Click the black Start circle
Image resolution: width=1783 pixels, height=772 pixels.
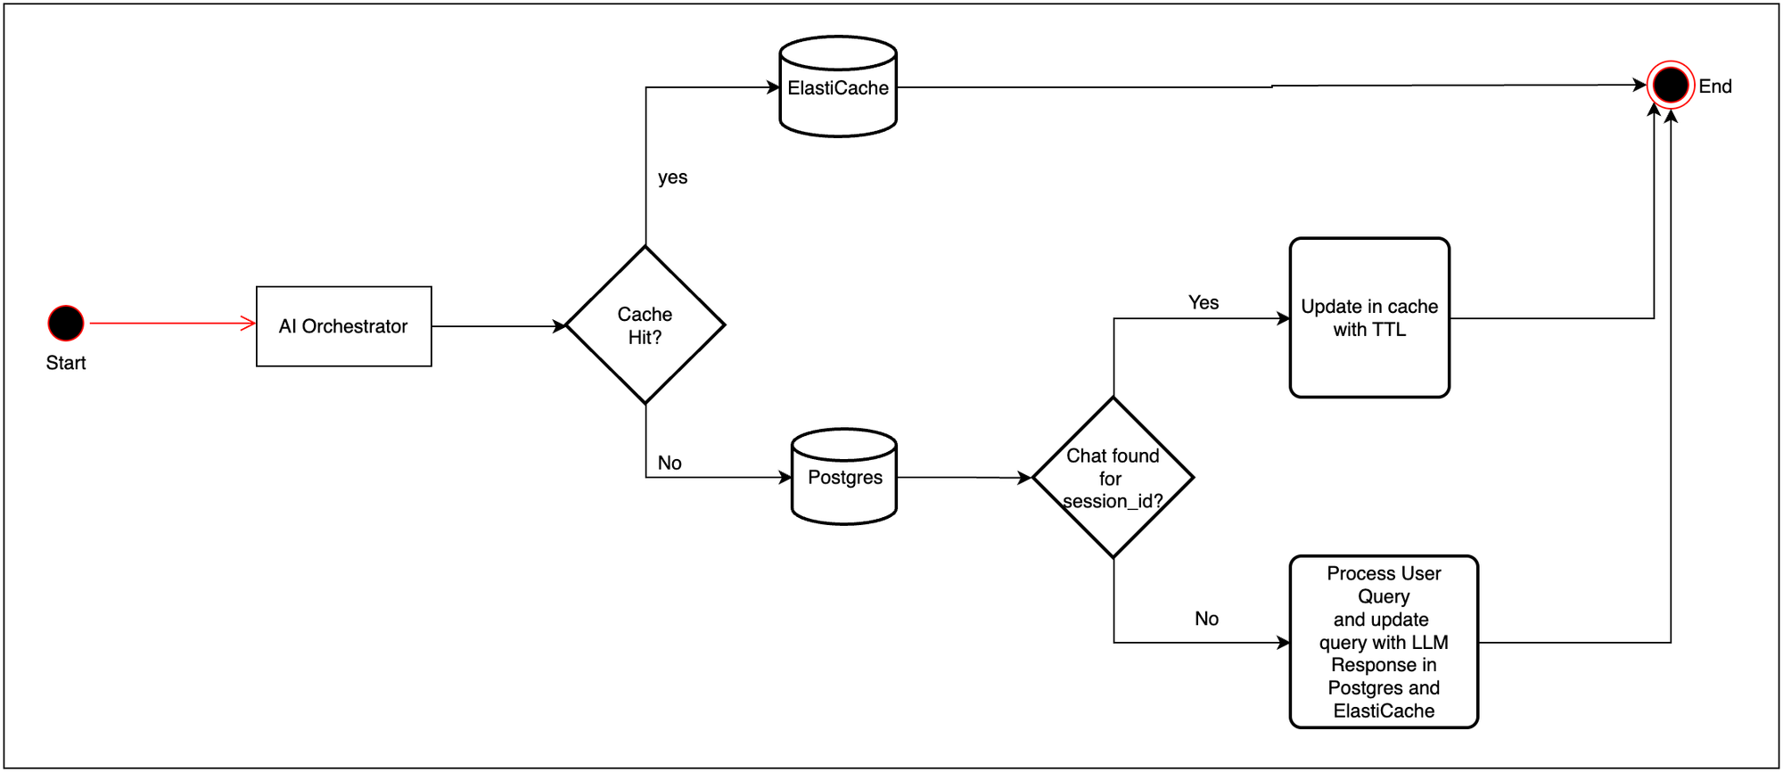pos(66,323)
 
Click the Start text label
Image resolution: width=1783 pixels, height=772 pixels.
pos(66,363)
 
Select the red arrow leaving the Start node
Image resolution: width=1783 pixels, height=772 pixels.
pos(169,323)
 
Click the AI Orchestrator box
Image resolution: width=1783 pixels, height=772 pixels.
pos(344,326)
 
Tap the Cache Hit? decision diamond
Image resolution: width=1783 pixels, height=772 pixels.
pos(645,325)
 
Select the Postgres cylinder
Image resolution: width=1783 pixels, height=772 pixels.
pos(844,478)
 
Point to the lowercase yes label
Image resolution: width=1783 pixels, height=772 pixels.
pos(672,177)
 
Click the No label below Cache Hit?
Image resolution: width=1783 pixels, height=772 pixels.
pos(670,463)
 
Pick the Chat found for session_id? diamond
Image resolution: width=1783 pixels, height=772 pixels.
pos(1113,478)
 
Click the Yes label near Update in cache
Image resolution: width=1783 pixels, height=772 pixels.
pos(1203,303)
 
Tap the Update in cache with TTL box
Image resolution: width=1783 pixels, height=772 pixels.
pos(1369,318)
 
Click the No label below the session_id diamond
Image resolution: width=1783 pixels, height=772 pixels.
pos(1206,619)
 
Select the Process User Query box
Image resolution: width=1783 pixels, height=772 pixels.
pos(1384,642)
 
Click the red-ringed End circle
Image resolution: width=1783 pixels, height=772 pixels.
pos(1670,86)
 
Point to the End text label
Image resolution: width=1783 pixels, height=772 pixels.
pos(1714,86)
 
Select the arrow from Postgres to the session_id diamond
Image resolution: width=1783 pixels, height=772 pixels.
pos(963,478)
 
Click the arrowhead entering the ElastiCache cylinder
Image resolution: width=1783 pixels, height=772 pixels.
pos(774,87)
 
